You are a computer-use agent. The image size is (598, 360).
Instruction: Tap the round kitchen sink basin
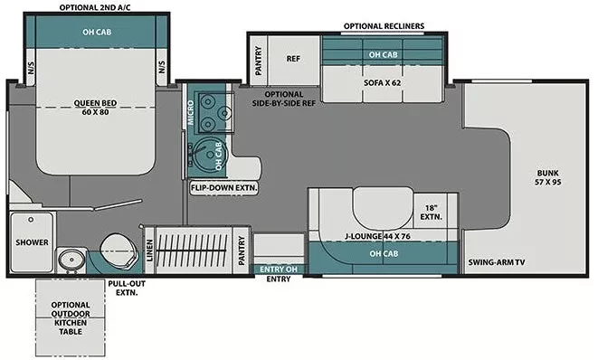pos(204,155)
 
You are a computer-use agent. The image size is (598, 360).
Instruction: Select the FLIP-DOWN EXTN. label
pos(223,188)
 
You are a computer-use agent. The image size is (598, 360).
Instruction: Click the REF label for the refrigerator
pos(293,58)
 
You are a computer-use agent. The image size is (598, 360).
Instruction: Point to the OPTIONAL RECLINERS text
pos(383,26)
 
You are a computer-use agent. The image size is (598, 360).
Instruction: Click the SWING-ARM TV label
pos(497,262)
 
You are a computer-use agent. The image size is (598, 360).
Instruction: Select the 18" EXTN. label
pos(431,212)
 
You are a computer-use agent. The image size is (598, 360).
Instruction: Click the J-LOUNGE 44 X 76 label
pos(378,237)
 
